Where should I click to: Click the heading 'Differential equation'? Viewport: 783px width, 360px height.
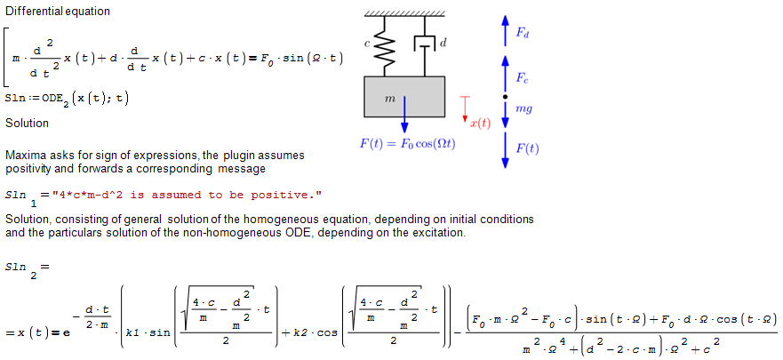(x=58, y=12)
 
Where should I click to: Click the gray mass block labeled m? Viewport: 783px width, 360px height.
(x=404, y=97)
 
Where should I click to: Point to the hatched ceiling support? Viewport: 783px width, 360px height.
(x=404, y=12)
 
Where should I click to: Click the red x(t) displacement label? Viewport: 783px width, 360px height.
(x=480, y=124)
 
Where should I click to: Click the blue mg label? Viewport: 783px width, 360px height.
(x=524, y=108)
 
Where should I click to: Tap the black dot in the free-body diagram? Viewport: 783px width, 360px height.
(x=504, y=96)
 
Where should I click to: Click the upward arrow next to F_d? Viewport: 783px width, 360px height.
(x=504, y=29)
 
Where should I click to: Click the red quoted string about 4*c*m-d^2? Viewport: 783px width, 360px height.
(x=187, y=195)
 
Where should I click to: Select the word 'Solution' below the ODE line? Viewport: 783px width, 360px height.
(x=28, y=123)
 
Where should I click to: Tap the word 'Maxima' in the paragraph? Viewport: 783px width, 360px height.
(x=26, y=155)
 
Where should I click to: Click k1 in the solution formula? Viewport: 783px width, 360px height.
(x=136, y=333)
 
